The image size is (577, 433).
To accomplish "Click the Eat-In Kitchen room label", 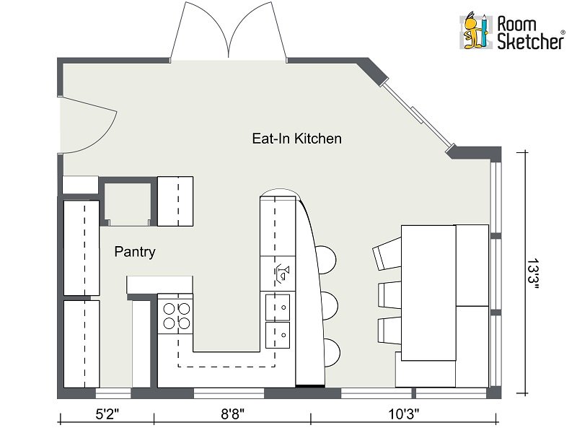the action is click(296, 139).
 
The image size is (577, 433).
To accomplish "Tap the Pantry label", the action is click(135, 252).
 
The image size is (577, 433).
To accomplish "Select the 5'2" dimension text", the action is click(107, 414).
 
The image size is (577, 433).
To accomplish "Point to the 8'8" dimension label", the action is click(232, 414).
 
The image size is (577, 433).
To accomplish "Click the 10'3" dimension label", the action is click(404, 414).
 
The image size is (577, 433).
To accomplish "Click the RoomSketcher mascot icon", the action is click(475, 31).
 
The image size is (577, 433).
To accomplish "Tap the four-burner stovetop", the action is click(175, 315).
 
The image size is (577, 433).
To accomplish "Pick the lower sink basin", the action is click(278, 335).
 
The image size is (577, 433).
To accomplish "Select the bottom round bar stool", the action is click(332, 352).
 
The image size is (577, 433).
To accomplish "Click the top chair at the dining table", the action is click(387, 253).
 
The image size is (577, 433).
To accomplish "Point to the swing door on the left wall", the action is click(88, 125).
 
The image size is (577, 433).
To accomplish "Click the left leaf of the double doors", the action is click(200, 31).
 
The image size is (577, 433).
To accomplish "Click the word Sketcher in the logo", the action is click(530, 40).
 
